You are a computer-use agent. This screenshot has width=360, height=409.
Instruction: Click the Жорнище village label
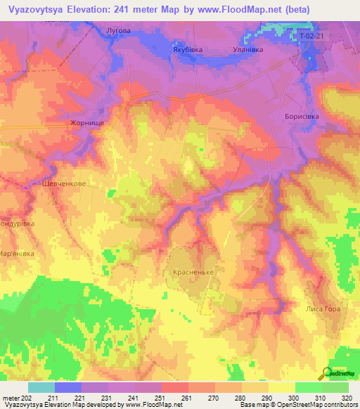87,122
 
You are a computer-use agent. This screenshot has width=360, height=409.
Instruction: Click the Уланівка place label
247,50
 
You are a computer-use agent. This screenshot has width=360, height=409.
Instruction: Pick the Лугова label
117,31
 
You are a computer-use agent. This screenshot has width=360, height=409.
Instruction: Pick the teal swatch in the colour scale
41,387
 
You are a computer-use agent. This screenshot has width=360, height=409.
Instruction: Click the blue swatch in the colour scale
68,387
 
